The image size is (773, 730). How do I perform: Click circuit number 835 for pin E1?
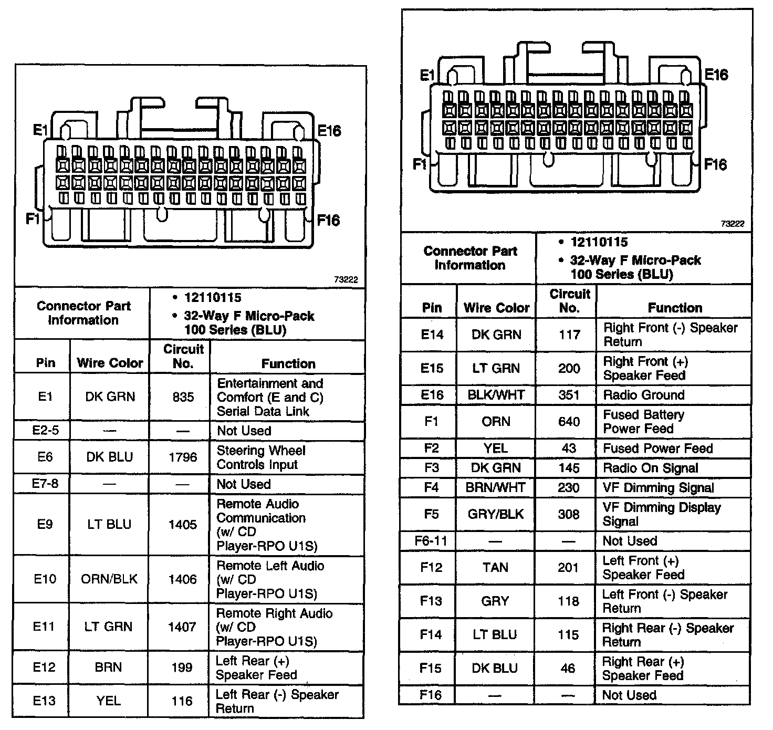tap(183, 397)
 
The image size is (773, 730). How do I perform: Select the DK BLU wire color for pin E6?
tap(109, 457)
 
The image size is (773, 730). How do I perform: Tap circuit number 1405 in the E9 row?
tap(182, 524)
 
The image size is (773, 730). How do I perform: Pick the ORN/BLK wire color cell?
tap(109, 579)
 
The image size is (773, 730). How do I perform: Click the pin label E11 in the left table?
tap(44, 626)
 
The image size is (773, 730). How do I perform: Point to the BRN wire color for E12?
tap(109, 667)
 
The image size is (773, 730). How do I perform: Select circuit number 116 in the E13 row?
tap(182, 701)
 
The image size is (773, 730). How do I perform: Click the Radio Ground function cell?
tap(643, 395)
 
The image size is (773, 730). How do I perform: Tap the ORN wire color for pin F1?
tap(496, 421)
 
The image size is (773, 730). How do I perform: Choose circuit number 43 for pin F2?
tap(569, 448)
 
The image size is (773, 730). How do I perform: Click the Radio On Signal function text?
tap(650, 468)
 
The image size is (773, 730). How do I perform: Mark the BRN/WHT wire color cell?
tap(495, 487)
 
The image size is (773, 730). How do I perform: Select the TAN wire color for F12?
tap(495, 567)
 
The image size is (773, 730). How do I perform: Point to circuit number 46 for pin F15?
tap(568, 668)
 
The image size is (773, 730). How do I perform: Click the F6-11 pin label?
tap(431, 540)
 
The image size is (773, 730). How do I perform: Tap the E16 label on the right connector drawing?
tap(716, 75)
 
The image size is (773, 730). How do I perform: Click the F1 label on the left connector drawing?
tap(33, 218)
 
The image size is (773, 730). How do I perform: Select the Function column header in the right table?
tap(674, 308)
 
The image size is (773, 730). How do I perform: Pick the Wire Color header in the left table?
tap(110, 363)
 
